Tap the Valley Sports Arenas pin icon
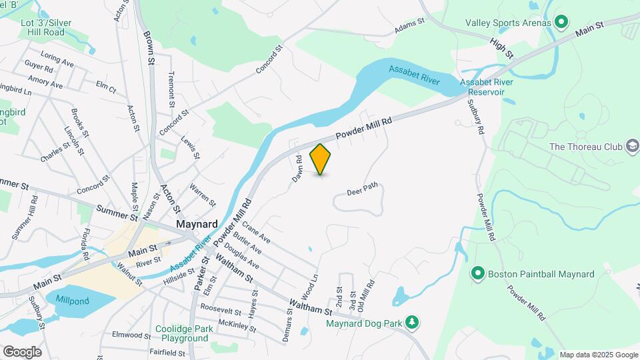pos(561,23)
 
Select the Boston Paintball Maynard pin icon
pos(477,273)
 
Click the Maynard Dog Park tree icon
pos(413,323)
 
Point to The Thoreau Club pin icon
pos(632,146)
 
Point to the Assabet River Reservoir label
pos(486,87)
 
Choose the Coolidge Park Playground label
pos(183,333)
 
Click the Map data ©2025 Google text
pos(598,355)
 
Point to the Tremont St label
pos(171,90)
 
